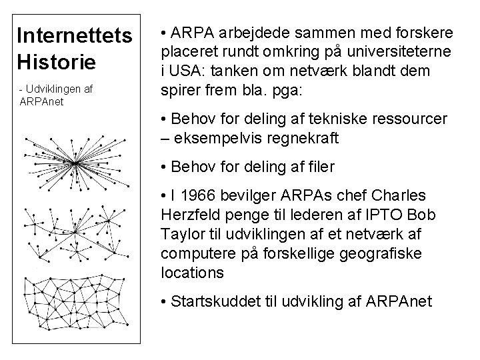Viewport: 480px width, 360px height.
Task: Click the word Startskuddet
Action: pos(212,301)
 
